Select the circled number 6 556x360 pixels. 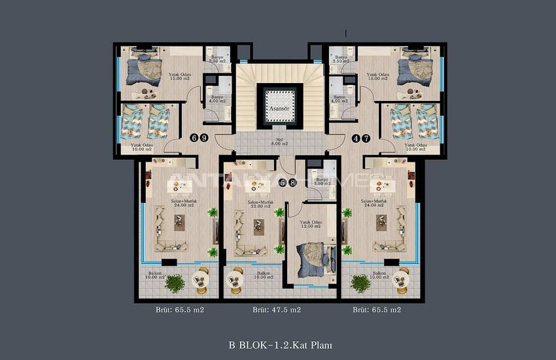194,138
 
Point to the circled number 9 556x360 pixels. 204,138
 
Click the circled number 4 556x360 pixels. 356,138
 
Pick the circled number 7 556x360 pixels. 366,138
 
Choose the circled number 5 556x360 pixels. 283,183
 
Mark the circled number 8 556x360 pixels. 292,183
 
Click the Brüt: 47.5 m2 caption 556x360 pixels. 277,310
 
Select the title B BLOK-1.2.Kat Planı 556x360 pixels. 277,344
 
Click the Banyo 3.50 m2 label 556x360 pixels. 321,181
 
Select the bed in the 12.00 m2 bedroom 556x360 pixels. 311,259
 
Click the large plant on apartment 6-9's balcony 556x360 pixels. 175,283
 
